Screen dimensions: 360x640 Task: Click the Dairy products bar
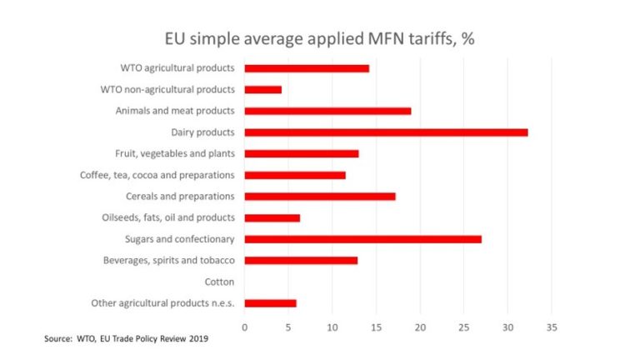pyautogui.click(x=386, y=132)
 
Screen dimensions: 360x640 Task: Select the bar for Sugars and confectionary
pyautogui.click(x=362, y=239)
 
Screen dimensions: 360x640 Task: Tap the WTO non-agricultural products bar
pyautogui.click(x=262, y=89)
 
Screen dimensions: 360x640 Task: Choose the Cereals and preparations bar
pyautogui.click(x=319, y=196)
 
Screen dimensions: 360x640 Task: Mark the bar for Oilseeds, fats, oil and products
pyautogui.click(x=272, y=217)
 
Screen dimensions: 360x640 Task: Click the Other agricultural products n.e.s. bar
pyautogui.click(x=270, y=303)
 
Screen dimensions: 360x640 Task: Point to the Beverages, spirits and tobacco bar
pyautogui.click(x=301, y=260)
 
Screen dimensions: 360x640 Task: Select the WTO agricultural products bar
pyautogui.click(x=307, y=67)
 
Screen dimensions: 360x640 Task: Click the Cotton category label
pyautogui.click(x=219, y=282)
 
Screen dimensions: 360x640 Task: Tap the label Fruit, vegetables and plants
pyautogui.click(x=174, y=153)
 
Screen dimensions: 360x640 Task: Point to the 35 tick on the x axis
pyautogui.click(x=551, y=327)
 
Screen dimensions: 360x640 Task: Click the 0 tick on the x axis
pyautogui.click(x=244, y=327)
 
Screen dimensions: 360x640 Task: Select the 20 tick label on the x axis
pyautogui.click(x=420, y=327)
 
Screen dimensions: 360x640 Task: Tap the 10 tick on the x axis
pyautogui.click(x=332, y=327)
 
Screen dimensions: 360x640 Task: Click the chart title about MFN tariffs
pyautogui.click(x=319, y=38)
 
